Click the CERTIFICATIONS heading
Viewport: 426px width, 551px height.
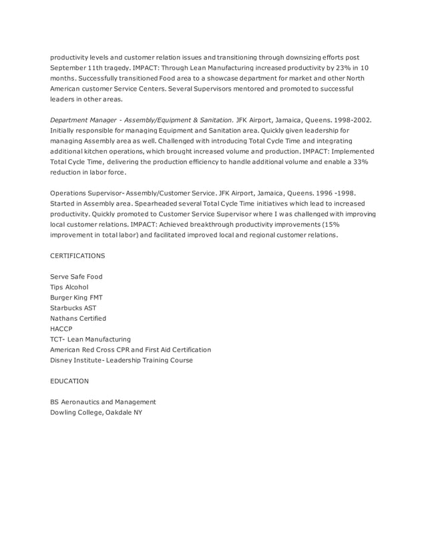[77, 255]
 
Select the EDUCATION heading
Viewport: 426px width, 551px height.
[69, 381]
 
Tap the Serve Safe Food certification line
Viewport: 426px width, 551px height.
[76, 276]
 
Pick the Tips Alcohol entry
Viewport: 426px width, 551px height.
[69, 287]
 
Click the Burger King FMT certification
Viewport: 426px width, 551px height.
[76, 298]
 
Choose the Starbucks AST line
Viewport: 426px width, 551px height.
[73, 308]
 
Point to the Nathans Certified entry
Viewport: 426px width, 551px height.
[78, 318]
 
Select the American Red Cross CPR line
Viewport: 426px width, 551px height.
[131, 350]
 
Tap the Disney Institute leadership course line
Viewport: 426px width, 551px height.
[122, 360]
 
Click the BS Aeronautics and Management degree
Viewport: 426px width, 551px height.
[103, 402]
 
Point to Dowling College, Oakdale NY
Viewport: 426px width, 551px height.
[96, 412]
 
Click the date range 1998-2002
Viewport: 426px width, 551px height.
[351, 120]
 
